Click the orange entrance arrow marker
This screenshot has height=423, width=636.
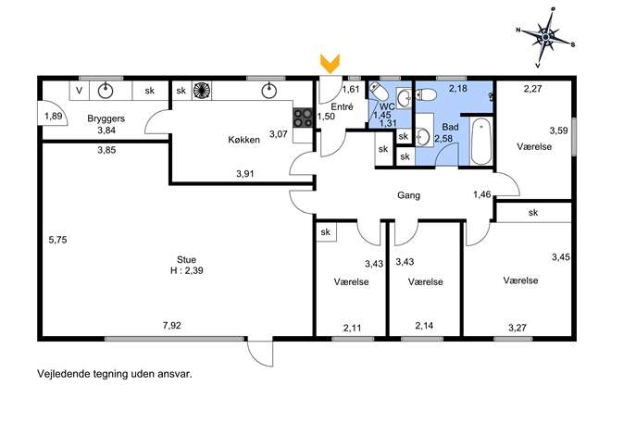point(330,64)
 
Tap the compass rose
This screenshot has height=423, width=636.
point(545,37)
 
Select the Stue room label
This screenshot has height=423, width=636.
point(187,259)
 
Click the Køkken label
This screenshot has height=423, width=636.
point(243,140)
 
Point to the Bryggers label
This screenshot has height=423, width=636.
point(106,118)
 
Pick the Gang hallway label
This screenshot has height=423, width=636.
point(408,195)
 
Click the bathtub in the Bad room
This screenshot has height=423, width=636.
point(481,141)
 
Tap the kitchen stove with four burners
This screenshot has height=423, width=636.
point(303,118)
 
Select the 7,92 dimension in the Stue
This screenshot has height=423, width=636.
point(172,325)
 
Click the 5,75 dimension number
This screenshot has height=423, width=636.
point(57,240)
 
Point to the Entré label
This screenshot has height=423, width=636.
point(342,107)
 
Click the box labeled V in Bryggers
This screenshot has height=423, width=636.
point(80,91)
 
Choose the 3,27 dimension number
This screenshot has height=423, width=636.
point(518,328)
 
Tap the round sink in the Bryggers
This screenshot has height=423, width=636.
point(106,91)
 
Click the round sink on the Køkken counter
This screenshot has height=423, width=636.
point(268,91)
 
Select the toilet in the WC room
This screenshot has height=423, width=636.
point(379,92)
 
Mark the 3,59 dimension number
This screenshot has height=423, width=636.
point(558,131)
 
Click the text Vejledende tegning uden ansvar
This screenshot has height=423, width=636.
point(115,374)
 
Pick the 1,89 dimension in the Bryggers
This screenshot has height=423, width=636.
point(54,117)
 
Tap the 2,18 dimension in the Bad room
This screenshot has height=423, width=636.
point(458,89)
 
